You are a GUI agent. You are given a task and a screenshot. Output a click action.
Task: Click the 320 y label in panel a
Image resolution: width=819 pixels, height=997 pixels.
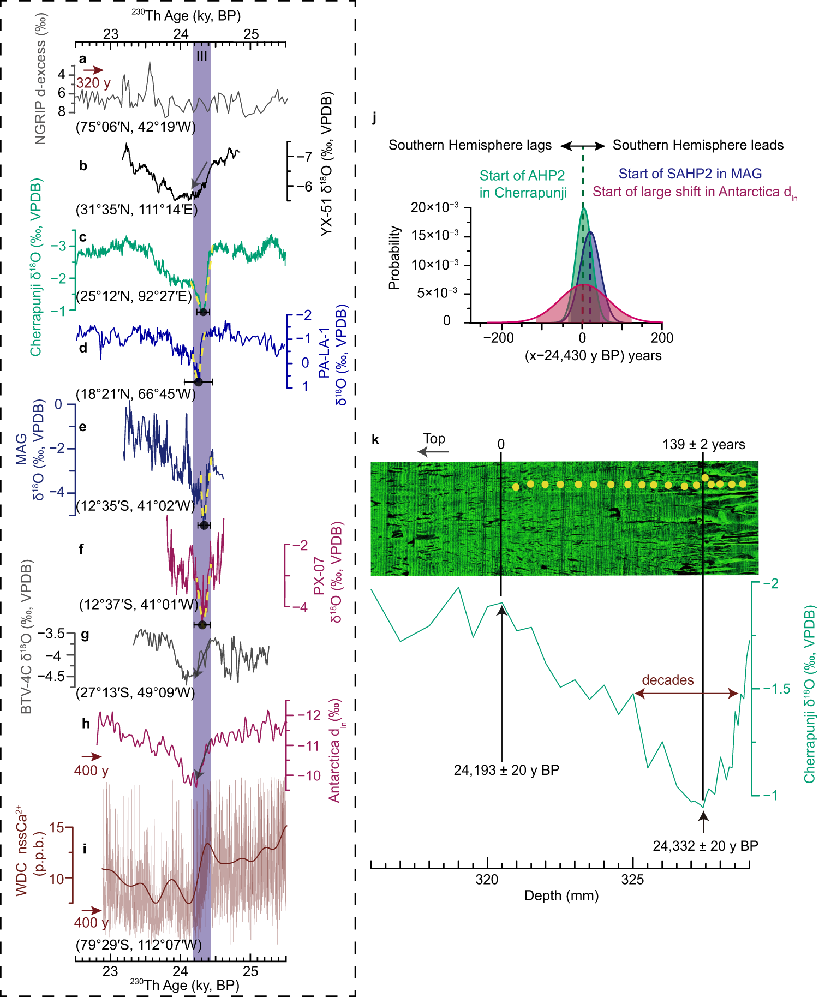click(93, 83)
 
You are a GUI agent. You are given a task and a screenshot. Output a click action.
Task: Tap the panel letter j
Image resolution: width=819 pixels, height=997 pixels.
click(374, 117)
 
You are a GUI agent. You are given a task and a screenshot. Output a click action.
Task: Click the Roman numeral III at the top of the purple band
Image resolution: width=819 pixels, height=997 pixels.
click(201, 56)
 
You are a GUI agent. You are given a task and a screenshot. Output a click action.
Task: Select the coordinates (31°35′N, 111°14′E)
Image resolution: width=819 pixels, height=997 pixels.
click(136, 210)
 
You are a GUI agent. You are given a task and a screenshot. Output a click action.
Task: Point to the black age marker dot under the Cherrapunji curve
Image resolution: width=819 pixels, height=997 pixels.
click(203, 312)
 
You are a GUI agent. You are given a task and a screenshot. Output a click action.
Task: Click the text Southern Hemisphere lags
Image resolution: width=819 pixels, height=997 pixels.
click(470, 145)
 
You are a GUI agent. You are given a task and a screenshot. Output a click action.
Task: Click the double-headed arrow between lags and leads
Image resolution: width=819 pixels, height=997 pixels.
click(583, 146)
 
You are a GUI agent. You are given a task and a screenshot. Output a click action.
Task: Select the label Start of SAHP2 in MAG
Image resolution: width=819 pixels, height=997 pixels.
click(690, 174)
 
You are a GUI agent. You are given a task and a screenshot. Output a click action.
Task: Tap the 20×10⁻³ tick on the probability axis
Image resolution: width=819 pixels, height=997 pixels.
click(434, 207)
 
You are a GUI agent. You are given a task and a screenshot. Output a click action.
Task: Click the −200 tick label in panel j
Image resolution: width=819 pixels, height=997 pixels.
click(498, 338)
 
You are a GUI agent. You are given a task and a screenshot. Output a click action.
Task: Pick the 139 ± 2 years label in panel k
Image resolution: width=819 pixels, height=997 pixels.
click(703, 445)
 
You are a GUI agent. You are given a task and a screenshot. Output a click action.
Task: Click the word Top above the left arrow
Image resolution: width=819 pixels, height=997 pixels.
click(434, 439)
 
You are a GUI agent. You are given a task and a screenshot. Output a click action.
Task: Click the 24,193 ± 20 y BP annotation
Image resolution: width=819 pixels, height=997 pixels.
click(506, 770)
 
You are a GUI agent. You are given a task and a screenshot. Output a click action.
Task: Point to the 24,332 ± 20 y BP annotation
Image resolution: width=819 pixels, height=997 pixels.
click(705, 846)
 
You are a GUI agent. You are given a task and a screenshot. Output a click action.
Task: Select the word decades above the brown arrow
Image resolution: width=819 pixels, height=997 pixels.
click(667, 680)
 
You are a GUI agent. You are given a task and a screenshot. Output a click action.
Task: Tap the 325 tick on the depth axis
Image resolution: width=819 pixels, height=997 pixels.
click(633, 880)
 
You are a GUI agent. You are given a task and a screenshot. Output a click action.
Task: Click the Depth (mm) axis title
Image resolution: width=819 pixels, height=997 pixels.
click(561, 895)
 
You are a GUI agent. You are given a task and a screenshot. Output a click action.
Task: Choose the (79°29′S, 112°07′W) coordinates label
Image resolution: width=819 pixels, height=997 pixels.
click(139, 945)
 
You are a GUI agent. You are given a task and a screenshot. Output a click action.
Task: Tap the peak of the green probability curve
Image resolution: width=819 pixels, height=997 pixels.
click(583, 208)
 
